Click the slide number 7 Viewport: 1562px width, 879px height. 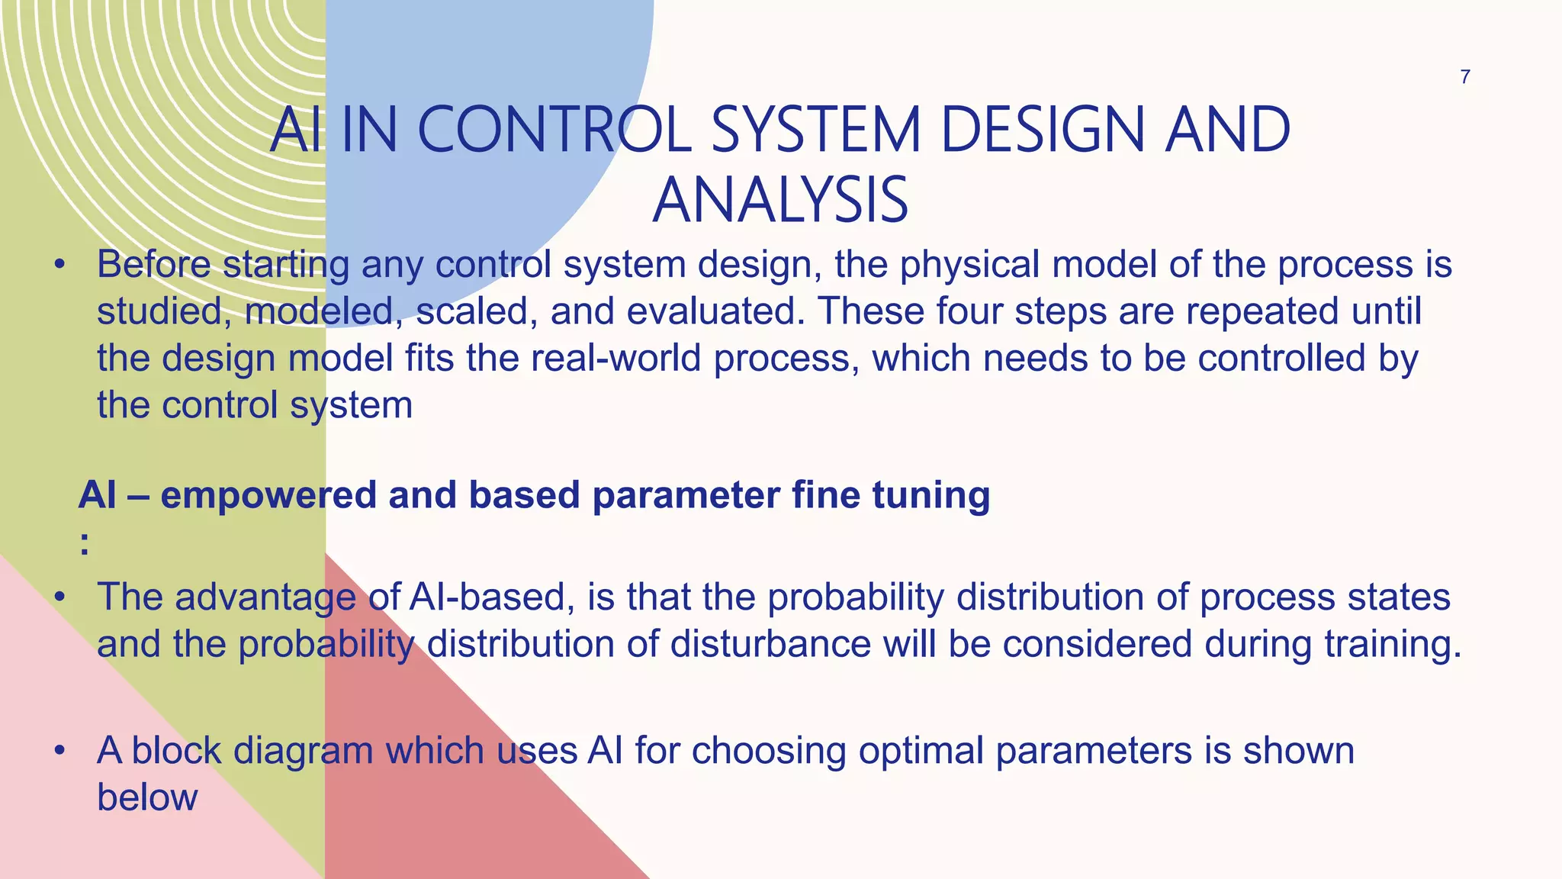[1464, 77]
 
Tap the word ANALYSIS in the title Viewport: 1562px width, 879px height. [780, 200]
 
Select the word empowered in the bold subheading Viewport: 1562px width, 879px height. [268, 495]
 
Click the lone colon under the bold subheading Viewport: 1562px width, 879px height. [84, 544]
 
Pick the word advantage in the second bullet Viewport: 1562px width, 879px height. [266, 597]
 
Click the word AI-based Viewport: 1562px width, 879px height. [491, 597]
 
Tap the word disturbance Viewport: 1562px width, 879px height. [770, 644]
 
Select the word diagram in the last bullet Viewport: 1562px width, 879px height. [303, 751]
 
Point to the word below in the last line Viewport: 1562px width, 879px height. [147, 798]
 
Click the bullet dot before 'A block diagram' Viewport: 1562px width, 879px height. [59, 751]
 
